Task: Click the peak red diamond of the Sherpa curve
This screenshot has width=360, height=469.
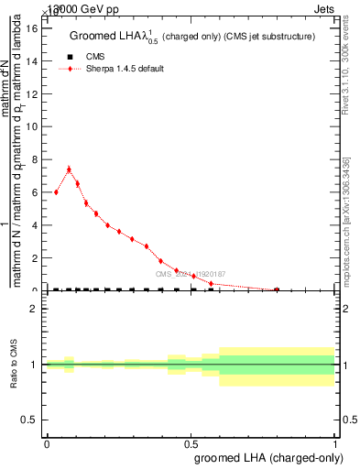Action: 69,169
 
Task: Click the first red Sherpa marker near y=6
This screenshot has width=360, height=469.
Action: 56,192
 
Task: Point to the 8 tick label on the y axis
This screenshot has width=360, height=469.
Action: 34,159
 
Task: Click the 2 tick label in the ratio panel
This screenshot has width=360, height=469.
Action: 33,309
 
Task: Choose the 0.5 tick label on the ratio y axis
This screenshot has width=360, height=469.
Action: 29,420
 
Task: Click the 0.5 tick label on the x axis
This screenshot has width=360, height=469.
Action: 191,442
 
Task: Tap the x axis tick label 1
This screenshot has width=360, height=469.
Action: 335,442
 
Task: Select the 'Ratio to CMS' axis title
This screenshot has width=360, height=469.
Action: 14,365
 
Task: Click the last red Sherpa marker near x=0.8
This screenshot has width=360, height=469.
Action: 277,289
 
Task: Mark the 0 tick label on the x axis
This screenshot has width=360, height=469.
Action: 47,442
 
